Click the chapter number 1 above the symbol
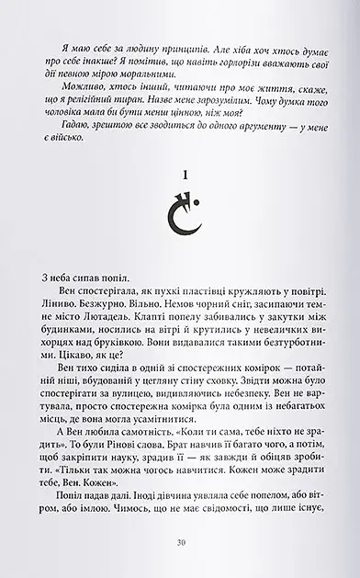(180, 196)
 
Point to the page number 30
(181, 543)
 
